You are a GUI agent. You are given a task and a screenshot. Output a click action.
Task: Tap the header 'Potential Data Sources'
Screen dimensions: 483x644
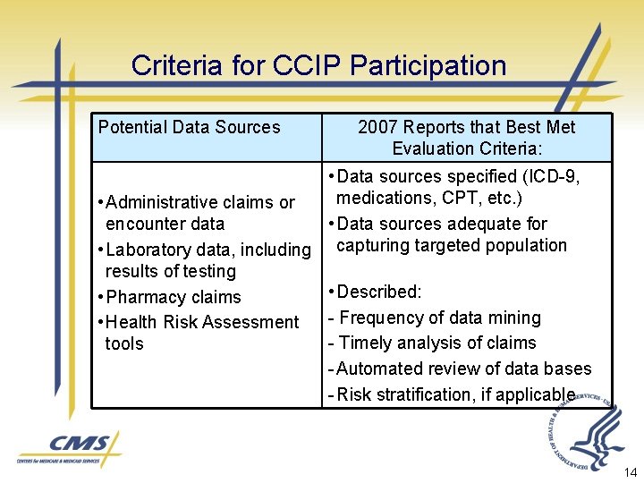tap(189, 127)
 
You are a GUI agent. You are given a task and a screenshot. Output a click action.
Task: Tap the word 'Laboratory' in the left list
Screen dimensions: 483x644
tap(149, 250)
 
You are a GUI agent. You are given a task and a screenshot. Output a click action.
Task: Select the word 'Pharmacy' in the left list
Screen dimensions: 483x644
tap(142, 297)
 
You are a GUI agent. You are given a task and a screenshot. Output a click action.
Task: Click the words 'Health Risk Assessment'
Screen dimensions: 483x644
tap(202, 322)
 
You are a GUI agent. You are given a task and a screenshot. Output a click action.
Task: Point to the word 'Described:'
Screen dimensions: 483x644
tap(380, 292)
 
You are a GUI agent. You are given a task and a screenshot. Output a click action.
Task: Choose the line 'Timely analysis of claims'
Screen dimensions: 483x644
tap(437, 343)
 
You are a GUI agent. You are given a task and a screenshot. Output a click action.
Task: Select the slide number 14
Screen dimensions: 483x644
tap(629, 471)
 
